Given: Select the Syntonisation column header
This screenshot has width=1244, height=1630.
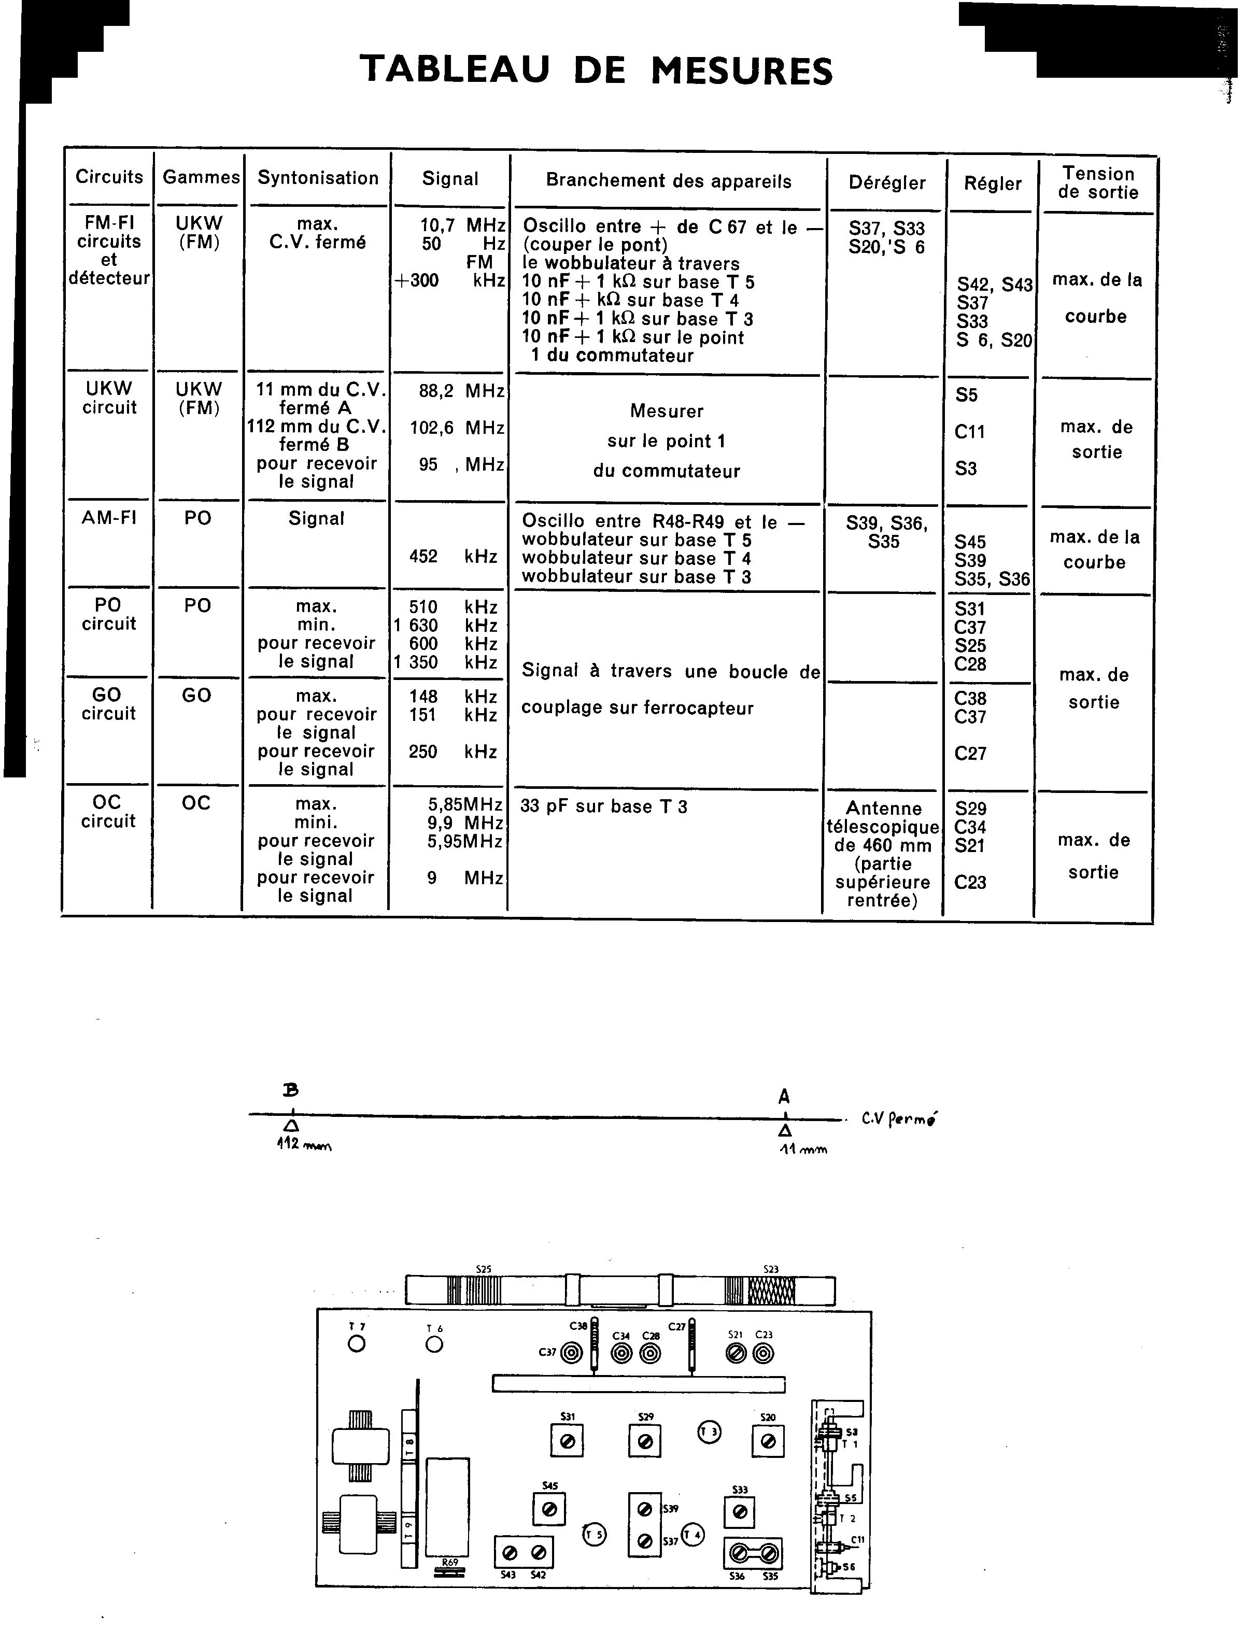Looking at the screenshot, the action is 318,178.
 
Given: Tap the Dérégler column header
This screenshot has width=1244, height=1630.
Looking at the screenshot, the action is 887,183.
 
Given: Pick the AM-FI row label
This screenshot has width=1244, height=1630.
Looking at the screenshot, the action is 109,518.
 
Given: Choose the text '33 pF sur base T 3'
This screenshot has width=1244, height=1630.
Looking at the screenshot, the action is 603,807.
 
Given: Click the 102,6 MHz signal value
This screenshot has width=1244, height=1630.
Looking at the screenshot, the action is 457,428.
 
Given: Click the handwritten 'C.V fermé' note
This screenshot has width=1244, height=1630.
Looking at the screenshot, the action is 898,1119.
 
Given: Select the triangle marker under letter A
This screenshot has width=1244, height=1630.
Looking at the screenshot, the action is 785,1131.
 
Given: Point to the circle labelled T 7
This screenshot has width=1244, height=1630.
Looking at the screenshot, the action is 357,1343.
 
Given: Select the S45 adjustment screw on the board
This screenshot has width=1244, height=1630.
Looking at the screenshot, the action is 549,1509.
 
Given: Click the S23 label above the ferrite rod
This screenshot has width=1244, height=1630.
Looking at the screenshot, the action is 771,1269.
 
